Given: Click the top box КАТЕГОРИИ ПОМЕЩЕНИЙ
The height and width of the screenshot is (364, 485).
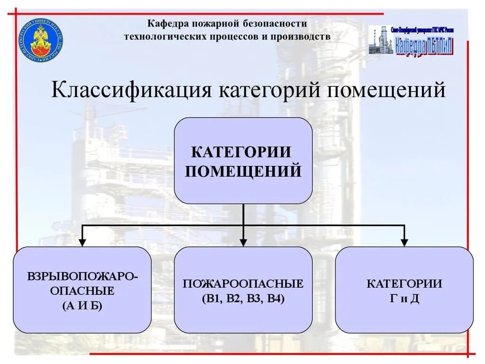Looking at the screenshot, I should point(243,161).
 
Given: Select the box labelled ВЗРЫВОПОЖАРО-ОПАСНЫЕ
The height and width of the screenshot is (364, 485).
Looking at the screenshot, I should point(82,290).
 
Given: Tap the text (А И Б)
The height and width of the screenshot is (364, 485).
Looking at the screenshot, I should point(82,306).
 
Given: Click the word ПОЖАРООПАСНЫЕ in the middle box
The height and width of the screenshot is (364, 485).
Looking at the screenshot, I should point(243,284).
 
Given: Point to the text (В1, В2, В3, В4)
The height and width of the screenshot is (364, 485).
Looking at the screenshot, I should point(243,299).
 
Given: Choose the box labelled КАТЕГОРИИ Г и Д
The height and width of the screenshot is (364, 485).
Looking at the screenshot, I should point(404,290).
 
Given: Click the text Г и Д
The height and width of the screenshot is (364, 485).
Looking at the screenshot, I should point(404,299).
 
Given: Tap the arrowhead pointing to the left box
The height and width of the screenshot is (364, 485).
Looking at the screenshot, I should point(82,242).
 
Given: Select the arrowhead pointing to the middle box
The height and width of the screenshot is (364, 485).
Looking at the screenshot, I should point(243,242).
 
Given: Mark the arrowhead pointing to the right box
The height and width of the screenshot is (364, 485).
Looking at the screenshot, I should point(404,242).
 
